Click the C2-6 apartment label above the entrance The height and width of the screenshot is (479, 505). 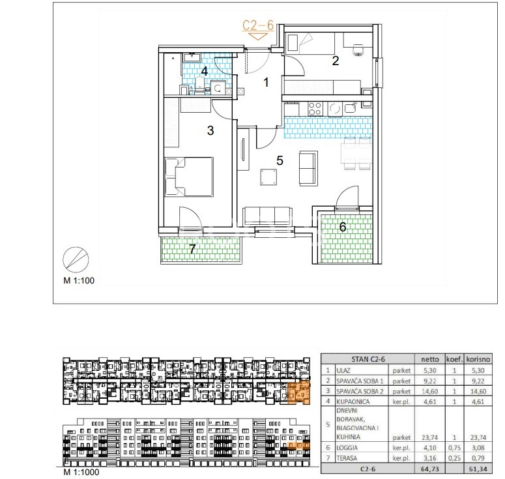pyautogui.click(x=258, y=25)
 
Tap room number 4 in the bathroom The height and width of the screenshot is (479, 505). pyautogui.click(x=204, y=71)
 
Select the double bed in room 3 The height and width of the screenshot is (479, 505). pyautogui.click(x=189, y=177)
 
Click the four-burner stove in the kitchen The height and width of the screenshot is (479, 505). pyautogui.click(x=315, y=109)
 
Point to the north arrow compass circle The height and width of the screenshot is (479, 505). pyautogui.click(x=76, y=260)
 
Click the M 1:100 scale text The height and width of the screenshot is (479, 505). pyautogui.click(x=79, y=281)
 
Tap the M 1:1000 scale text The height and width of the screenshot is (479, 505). pyautogui.click(x=81, y=472)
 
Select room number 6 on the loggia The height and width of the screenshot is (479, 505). pyautogui.click(x=342, y=227)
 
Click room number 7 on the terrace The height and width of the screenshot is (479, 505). pyautogui.click(x=192, y=249)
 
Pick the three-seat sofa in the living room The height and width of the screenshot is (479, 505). pyautogui.click(x=268, y=216)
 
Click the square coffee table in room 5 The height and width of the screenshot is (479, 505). pyautogui.click(x=268, y=177)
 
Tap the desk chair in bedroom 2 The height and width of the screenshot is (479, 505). pyautogui.click(x=358, y=50)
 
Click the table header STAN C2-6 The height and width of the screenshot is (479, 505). pyautogui.click(x=368, y=359)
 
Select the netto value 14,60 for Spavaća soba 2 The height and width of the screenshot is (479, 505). pyautogui.click(x=430, y=392)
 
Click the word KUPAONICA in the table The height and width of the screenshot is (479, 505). pyautogui.click(x=353, y=401)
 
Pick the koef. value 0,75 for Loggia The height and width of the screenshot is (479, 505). pyautogui.click(x=454, y=448)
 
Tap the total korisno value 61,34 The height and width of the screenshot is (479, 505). pyautogui.click(x=478, y=469)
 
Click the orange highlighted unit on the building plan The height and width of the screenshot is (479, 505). pyautogui.click(x=298, y=392)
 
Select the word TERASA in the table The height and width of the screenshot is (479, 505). pyautogui.click(x=347, y=458)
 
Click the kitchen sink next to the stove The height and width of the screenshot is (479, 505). pyautogui.click(x=349, y=108)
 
